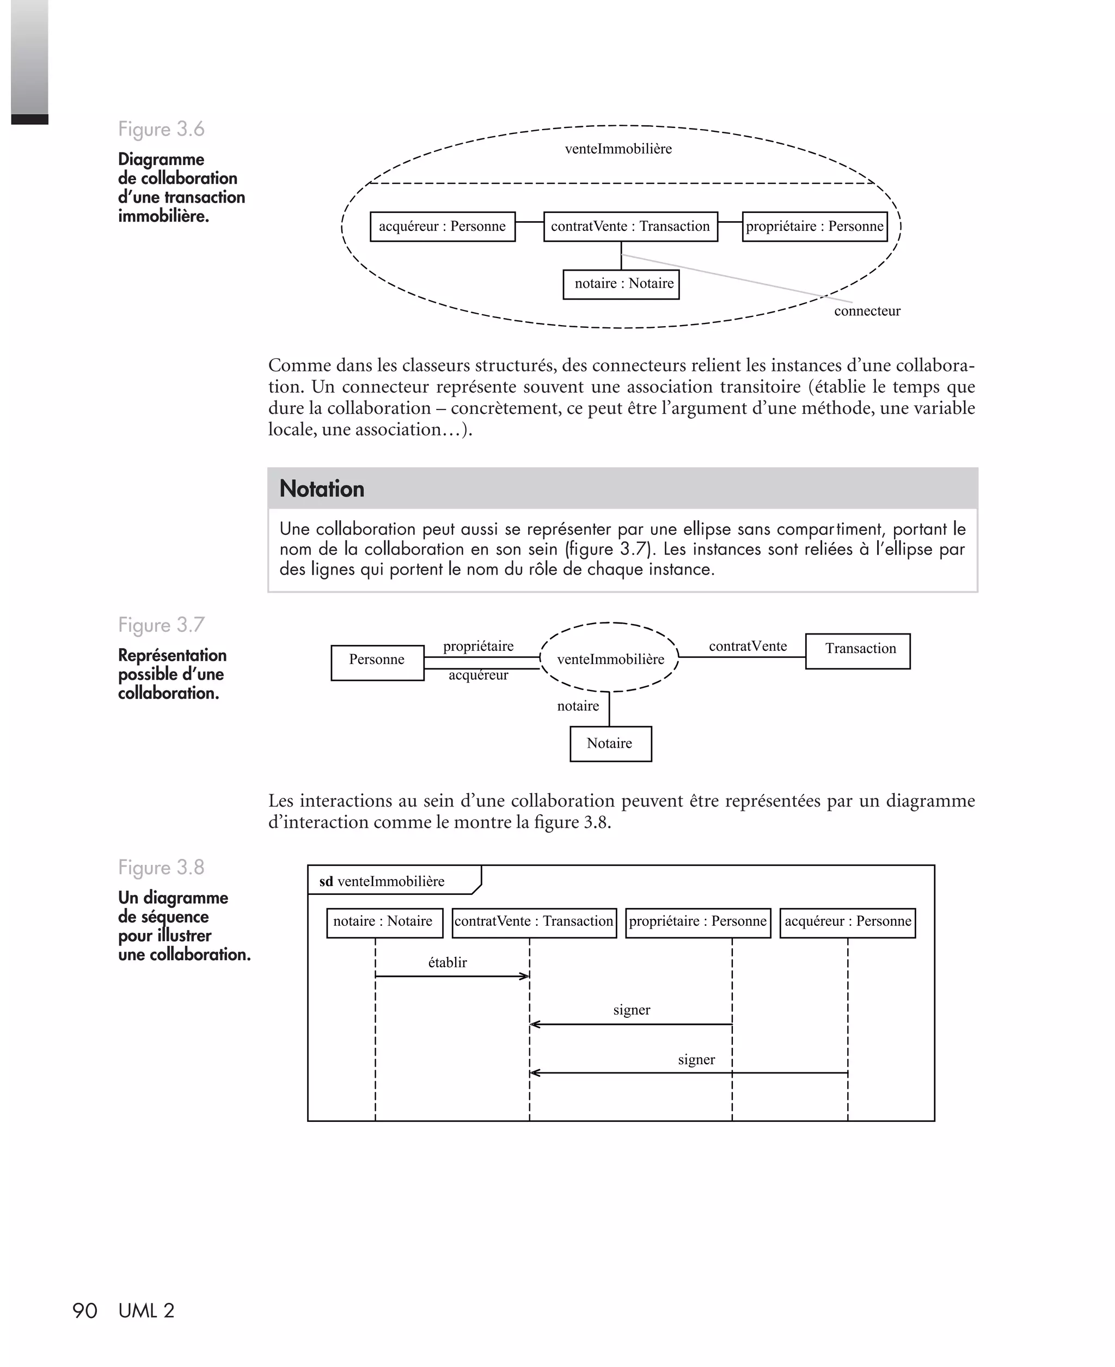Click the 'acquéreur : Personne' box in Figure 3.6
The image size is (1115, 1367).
pos(443,227)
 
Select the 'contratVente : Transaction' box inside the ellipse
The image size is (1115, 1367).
pos(630,227)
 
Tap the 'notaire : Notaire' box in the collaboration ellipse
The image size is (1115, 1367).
pos(621,284)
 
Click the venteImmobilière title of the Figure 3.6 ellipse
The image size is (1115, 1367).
pos(618,149)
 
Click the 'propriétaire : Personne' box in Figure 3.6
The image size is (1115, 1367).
pos(814,227)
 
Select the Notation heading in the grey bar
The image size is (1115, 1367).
pos(322,489)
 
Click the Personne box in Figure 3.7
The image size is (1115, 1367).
pos(377,662)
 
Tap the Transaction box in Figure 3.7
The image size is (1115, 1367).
pos(857,651)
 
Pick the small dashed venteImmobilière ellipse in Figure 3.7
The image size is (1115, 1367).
pos(610,658)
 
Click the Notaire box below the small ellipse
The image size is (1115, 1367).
pos(610,744)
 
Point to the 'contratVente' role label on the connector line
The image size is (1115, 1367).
pos(748,646)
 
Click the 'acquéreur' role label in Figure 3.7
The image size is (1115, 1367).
pos(478,675)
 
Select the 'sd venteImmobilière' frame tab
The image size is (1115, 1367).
pos(382,881)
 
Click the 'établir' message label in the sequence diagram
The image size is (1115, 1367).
pos(447,962)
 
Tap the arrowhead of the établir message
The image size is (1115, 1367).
pos(525,977)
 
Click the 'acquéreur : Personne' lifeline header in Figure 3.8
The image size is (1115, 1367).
pos(847,922)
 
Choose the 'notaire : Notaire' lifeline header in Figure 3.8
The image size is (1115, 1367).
pos(383,922)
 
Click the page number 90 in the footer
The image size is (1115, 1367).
pos(85,1310)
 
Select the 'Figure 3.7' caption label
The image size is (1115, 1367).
pos(161,625)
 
